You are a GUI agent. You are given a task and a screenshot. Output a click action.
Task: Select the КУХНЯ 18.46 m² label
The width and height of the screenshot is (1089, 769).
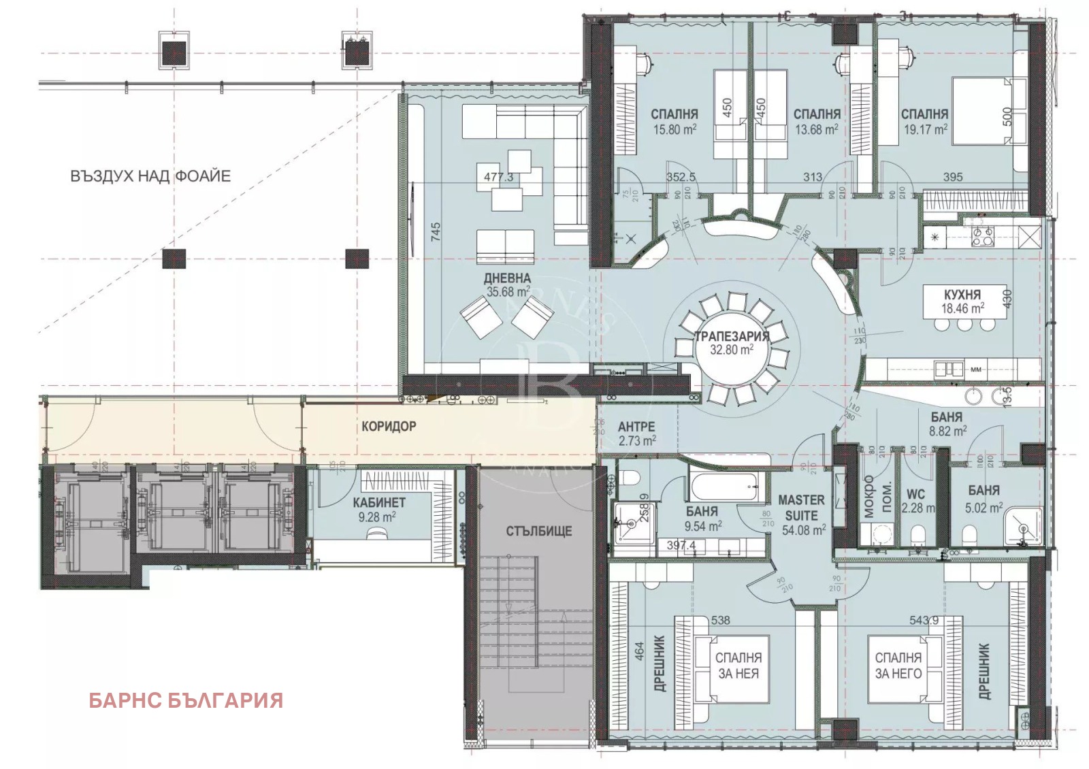[x=962, y=301]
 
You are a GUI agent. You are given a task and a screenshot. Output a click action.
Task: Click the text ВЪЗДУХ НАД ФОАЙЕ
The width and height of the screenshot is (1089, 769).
[x=150, y=176]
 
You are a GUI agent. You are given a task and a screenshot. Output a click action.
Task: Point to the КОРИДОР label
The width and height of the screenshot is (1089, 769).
[x=389, y=427]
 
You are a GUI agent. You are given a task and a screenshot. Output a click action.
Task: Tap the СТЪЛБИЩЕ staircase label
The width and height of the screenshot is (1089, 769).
[x=539, y=531]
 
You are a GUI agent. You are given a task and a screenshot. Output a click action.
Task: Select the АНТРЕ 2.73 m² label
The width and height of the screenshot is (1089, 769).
[x=636, y=433]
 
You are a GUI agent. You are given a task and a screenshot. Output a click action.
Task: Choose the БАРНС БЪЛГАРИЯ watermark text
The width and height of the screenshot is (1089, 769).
[x=186, y=700]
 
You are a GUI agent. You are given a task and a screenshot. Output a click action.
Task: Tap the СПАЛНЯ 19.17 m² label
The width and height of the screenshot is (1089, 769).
[x=924, y=121]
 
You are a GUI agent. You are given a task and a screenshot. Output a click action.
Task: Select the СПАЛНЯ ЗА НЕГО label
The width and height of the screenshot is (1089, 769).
[x=898, y=666]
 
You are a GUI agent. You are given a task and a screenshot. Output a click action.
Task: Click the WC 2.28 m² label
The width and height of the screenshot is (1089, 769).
[x=916, y=502]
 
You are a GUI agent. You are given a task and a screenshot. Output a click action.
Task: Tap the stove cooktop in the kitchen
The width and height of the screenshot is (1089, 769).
[x=981, y=236]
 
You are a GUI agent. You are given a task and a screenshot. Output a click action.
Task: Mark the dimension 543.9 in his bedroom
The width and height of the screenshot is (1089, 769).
[x=924, y=620]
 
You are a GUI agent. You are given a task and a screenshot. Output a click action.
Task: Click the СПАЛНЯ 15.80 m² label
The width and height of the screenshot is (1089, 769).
[x=674, y=121]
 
